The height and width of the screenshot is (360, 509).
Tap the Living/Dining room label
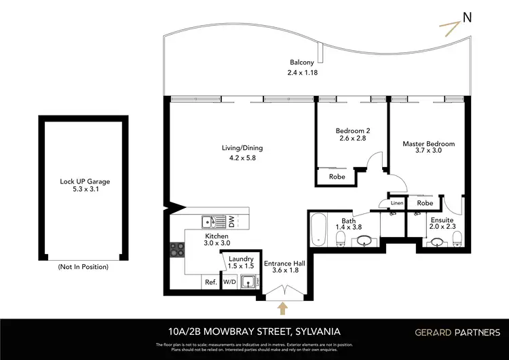pos(242,148)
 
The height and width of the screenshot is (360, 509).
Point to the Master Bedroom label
pos(428,144)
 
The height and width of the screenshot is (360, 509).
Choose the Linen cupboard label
pos(397,202)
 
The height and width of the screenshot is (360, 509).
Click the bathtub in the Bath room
pos(318,230)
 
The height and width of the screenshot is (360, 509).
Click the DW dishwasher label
pos(231,221)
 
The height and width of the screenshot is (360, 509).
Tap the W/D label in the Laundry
pos(230,282)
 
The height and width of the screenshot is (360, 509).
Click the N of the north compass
pos(467,18)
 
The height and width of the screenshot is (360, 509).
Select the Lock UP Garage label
pos(85,181)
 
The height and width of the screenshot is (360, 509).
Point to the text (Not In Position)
pos(84,267)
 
